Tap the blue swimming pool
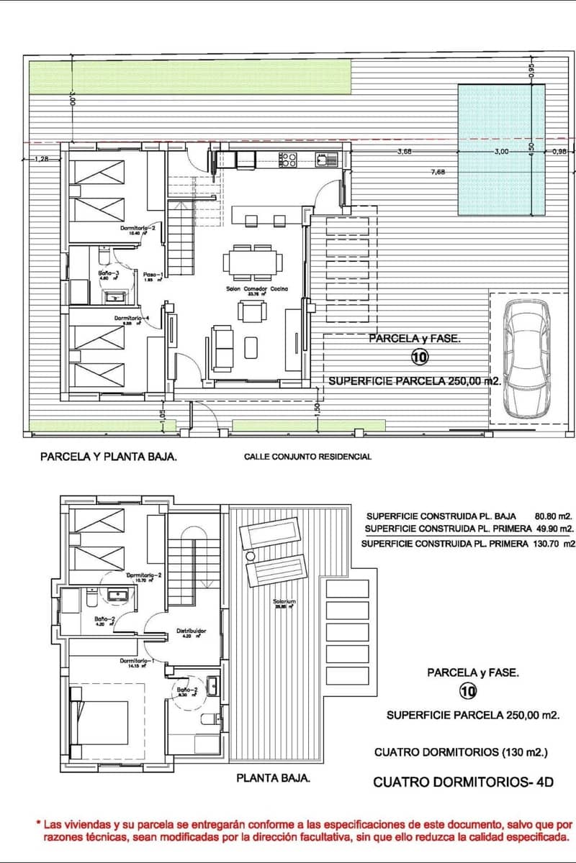(x=501, y=150)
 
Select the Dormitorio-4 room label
(x=132, y=319)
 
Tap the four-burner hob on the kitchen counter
(x=288, y=160)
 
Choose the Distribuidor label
(x=192, y=631)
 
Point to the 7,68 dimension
(x=438, y=172)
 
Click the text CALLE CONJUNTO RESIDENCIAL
(x=307, y=457)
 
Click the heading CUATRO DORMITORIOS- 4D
(x=463, y=782)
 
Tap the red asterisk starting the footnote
(x=37, y=823)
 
